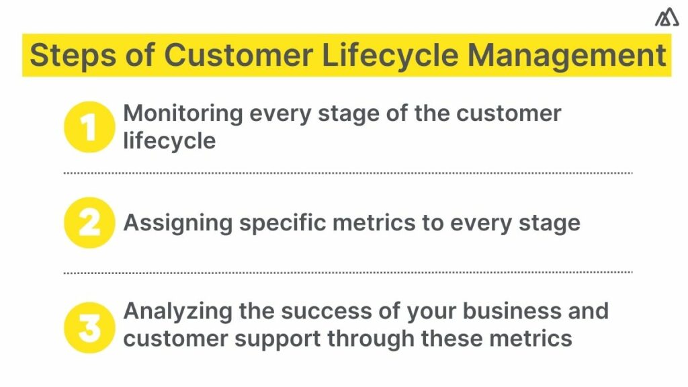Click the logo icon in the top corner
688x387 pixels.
click(x=666, y=17)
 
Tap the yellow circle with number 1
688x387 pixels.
click(x=89, y=126)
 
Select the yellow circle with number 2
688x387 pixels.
click(x=89, y=223)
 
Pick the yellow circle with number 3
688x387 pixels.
click(x=89, y=325)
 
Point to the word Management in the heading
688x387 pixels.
click(x=566, y=55)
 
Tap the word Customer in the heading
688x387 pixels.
click(x=240, y=55)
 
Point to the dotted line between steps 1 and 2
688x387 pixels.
click(x=348, y=173)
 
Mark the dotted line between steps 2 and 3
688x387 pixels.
click(x=348, y=272)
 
